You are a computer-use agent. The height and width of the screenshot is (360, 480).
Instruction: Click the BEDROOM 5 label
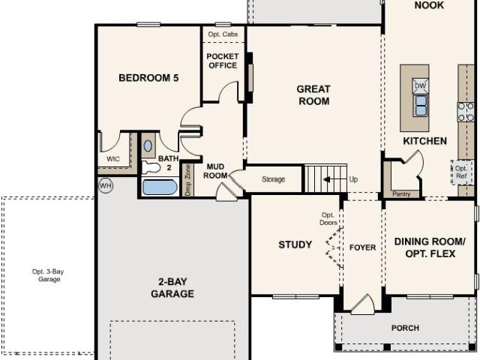(148, 77)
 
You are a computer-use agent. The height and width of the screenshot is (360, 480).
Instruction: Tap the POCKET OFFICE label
(222, 61)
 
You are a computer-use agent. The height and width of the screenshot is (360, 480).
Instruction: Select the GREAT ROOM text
(313, 95)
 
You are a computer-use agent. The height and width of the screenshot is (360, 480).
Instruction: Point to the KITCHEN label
(424, 141)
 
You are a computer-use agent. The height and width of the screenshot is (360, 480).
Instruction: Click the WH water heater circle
(105, 184)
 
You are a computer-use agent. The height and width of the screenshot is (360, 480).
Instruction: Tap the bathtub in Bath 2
(159, 187)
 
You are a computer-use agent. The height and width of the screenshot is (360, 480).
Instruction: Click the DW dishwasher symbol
(421, 85)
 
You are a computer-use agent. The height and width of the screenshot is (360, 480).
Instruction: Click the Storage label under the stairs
(273, 180)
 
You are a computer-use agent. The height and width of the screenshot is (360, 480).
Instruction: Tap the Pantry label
(401, 194)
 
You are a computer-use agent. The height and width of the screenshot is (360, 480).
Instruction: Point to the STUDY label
(295, 244)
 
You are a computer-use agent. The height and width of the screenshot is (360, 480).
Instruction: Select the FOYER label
(362, 247)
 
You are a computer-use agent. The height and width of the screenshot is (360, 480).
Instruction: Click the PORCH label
(405, 328)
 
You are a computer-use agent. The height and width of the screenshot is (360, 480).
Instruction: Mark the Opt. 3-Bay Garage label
(46, 274)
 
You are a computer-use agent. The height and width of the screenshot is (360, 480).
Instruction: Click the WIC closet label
(113, 158)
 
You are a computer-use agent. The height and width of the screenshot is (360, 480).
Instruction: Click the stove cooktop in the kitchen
(466, 112)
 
